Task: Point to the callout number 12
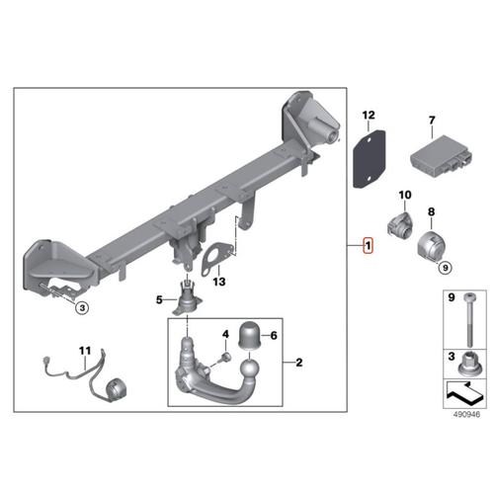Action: [x=368, y=115]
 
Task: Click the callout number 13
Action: [x=219, y=282]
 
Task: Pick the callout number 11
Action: [x=84, y=350]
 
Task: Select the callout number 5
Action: [x=159, y=299]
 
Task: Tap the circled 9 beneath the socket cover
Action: [x=444, y=267]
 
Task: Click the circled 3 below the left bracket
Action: [x=82, y=307]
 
